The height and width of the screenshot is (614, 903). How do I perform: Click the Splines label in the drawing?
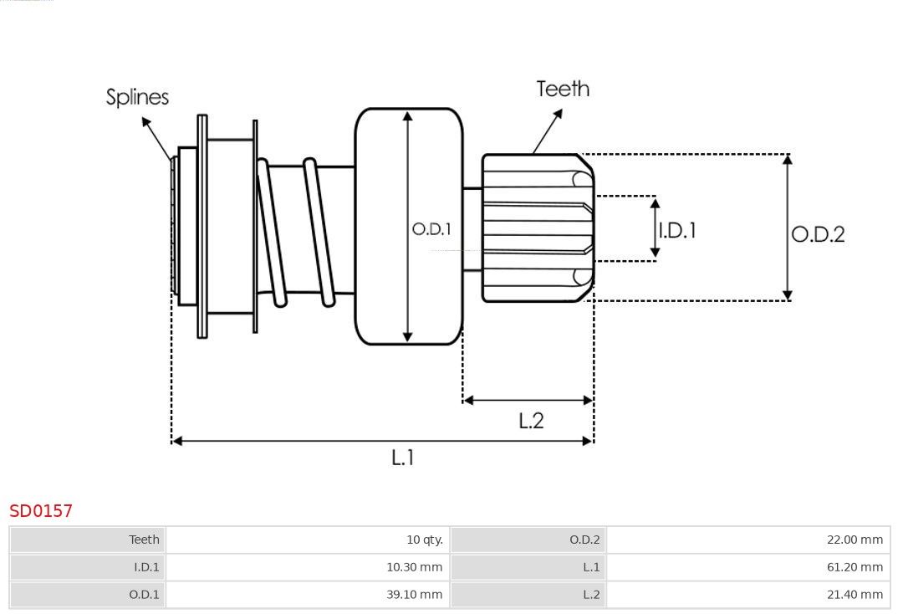[137, 97]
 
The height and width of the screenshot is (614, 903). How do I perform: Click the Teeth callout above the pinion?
[563, 89]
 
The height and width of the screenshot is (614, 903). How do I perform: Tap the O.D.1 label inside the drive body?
[431, 229]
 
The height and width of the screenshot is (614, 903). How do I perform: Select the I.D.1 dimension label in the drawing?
[677, 230]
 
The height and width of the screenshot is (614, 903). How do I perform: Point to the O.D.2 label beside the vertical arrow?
[818, 234]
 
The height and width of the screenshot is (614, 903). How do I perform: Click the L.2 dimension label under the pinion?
[531, 421]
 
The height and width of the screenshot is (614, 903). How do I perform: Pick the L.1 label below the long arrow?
[402, 458]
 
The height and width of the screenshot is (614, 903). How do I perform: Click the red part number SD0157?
[41, 511]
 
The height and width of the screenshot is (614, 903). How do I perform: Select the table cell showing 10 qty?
[425, 540]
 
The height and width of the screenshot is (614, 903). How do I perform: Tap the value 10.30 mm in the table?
[414, 567]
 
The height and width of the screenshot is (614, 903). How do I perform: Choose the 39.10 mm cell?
[414, 595]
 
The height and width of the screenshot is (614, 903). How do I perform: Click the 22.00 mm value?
[855, 540]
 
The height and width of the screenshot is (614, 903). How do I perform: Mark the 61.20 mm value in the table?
[855, 567]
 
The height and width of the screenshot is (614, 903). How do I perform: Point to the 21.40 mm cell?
[855, 595]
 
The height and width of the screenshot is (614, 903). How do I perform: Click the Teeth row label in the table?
[144, 540]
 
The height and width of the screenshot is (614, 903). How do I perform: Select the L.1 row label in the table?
[591, 567]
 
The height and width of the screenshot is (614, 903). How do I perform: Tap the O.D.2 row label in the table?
[584, 540]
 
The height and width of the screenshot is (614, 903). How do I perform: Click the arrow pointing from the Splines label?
[156, 139]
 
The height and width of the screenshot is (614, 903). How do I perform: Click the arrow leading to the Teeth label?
[548, 131]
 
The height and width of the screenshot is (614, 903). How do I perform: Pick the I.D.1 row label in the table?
[146, 567]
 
